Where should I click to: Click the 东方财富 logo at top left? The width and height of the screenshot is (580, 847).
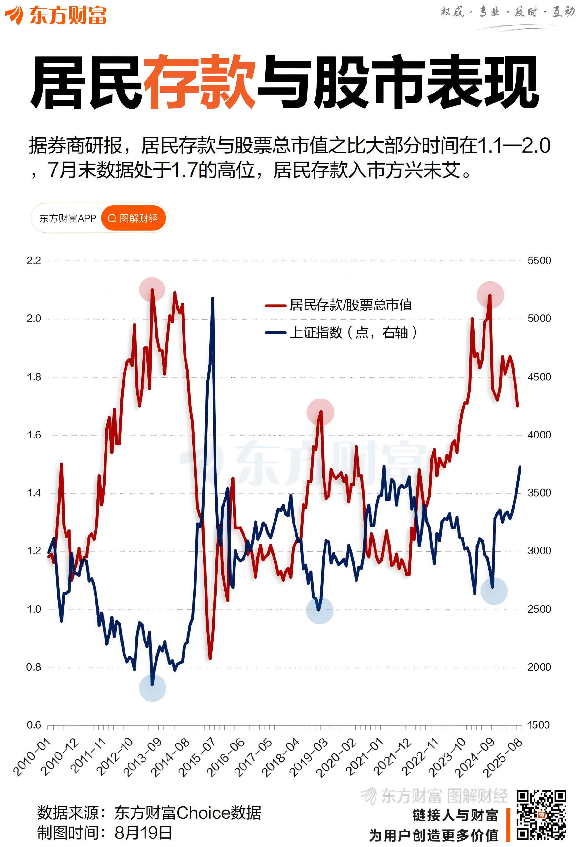55,15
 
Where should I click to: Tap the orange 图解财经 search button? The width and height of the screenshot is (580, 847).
134,218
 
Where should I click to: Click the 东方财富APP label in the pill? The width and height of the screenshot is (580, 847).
67,218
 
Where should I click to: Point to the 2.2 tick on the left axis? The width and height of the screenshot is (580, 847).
34,261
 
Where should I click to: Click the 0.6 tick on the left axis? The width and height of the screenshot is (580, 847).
34,724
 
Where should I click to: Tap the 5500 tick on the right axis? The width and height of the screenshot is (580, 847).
539,261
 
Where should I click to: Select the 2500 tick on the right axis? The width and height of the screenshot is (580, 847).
539,609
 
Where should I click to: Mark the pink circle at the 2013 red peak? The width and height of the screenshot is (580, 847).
152,290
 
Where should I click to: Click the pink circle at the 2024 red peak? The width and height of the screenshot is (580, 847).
490,295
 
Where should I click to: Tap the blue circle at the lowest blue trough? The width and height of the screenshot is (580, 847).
152,688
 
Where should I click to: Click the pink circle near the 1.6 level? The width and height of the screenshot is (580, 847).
320,412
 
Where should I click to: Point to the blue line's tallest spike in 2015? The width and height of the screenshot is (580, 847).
213,299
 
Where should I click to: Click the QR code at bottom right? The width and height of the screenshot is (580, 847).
541,815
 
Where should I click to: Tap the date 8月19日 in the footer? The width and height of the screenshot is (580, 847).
143,833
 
